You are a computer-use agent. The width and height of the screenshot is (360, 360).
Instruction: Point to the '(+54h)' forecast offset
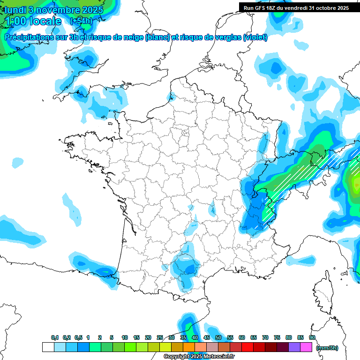[x=81, y=21]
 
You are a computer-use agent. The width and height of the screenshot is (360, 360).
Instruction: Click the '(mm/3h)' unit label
[x=327, y=347]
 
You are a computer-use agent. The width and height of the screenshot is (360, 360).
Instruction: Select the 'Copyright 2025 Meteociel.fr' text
[x=199, y=357]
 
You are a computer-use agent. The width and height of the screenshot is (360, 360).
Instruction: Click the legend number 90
[x=312, y=337]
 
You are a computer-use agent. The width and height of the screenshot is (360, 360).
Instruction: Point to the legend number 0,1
[x=54, y=337]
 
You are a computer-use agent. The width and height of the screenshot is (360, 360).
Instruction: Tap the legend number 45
[x=207, y=337]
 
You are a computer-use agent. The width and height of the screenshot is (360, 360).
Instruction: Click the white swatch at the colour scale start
[x=48, y=347]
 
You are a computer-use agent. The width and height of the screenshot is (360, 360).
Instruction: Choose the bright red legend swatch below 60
[x=247, y=347]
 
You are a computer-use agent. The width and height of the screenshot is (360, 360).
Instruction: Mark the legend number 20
[x=148, y=337]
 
